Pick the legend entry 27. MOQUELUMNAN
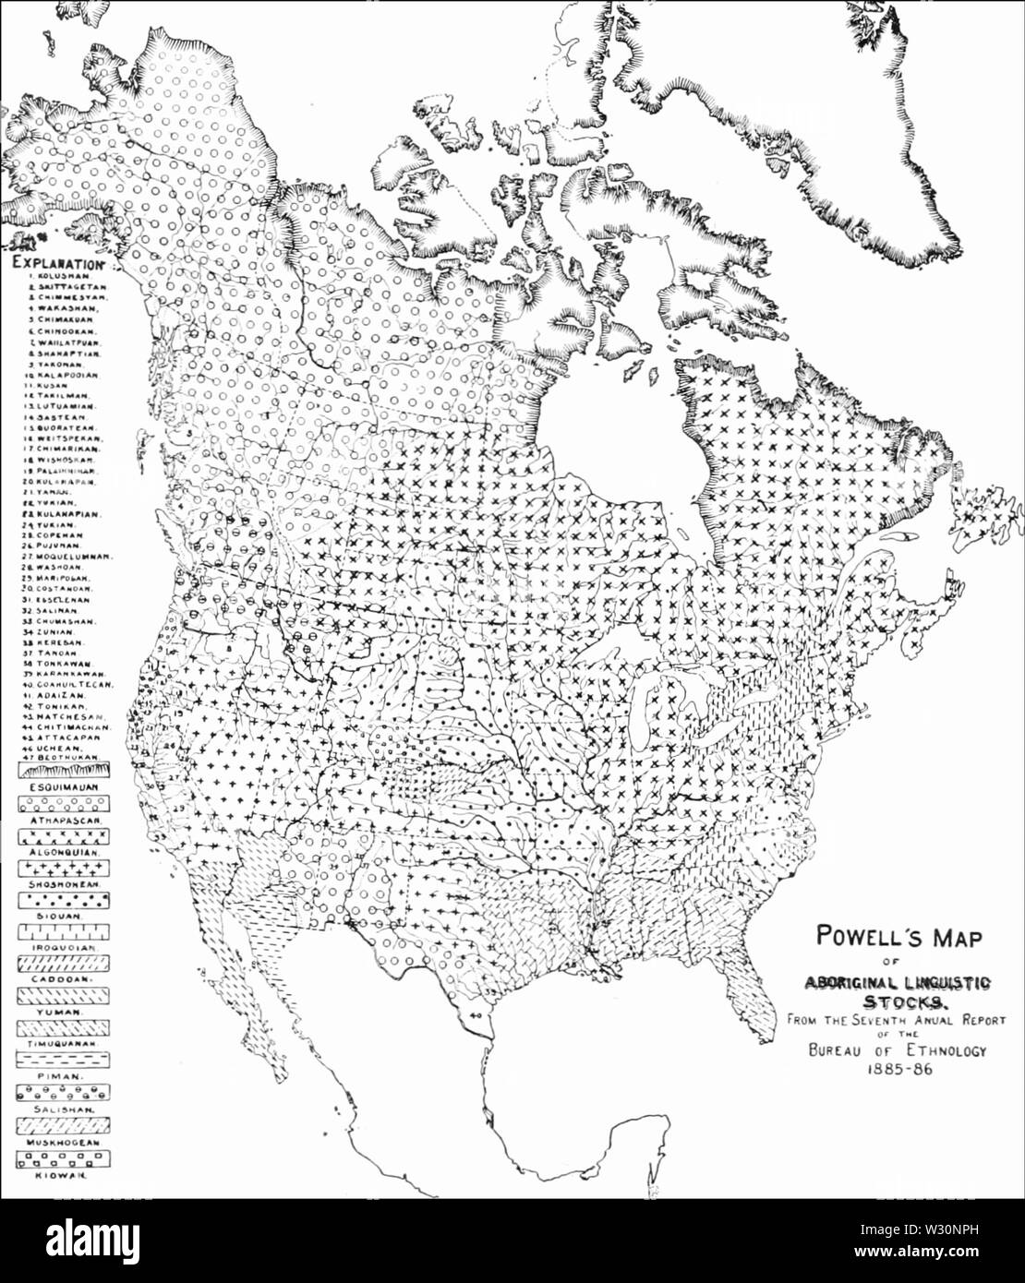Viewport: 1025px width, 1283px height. click(x=68, y=557)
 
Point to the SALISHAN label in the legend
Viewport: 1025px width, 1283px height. click(x=57, y=1109)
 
